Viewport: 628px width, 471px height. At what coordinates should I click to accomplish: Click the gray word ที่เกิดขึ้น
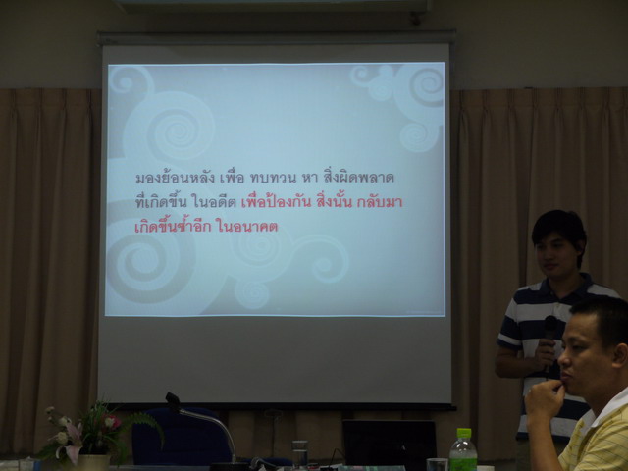point(161,201)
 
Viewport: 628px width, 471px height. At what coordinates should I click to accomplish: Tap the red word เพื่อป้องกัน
point(277,201)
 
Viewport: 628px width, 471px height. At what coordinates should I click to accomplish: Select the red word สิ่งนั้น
point(334,201)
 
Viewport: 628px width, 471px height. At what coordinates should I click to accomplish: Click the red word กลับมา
point(380,202)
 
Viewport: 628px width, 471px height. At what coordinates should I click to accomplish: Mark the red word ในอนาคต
point(246,227)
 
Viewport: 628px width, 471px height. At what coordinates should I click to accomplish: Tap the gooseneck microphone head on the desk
point(173,400)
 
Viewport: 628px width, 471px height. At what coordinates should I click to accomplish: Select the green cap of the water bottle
point(464,433)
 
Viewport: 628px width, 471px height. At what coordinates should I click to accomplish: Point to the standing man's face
point(555,253)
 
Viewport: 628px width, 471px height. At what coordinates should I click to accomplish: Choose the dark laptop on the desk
point(389,443)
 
